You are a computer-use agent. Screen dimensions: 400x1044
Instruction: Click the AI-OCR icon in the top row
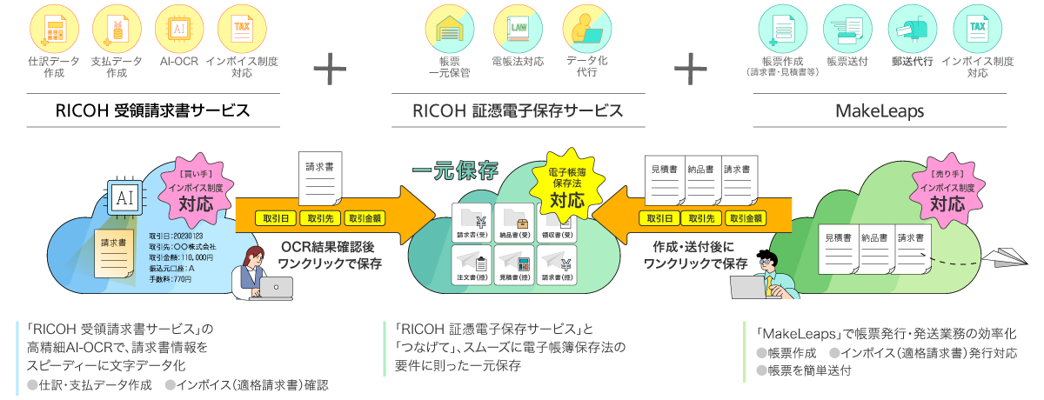pos(177,29)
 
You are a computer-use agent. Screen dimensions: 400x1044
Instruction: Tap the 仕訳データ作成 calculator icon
pos(54,29)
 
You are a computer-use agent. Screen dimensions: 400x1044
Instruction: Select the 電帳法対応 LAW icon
pos(518,29)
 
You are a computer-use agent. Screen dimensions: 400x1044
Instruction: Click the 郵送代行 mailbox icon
pos(912,29)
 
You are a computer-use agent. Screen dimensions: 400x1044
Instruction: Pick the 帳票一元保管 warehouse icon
pos(450,29)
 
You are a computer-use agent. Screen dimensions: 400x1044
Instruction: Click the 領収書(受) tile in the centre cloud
pos(558,222)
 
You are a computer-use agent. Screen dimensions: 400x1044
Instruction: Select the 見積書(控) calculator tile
pos(515,264)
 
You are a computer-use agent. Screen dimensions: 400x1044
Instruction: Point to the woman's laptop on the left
pos(276,287)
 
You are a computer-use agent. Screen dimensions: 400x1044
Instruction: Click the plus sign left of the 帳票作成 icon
pos(690,68)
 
